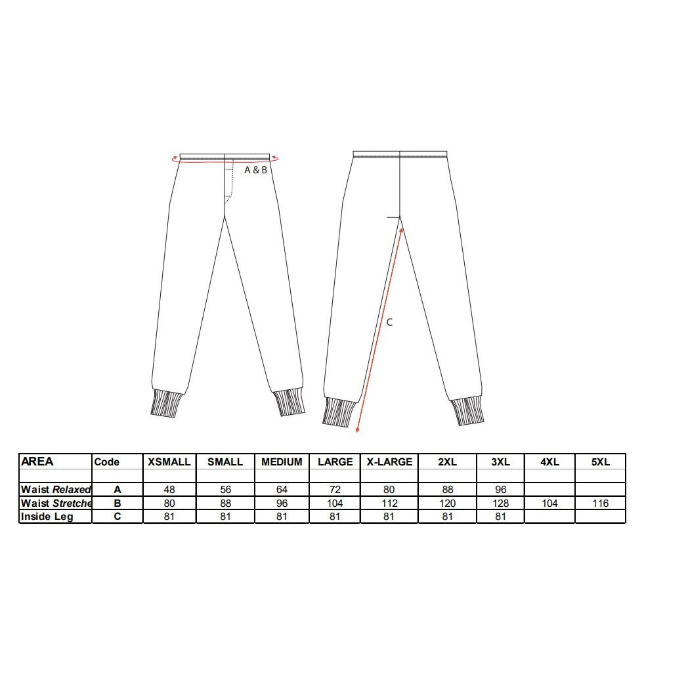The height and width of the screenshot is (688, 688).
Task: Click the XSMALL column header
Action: tap(169, 462)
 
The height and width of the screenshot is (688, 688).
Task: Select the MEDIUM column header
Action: tap(282, 462)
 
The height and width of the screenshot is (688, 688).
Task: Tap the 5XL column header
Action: tap(600, 462)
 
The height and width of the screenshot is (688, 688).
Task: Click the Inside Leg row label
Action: tap(47, 517)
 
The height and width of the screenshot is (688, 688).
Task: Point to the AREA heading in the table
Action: tap(37, 462)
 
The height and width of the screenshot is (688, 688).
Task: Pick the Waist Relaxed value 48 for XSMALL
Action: tap(169, 490)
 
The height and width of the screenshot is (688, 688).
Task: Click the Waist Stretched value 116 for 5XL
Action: tap(600, 504)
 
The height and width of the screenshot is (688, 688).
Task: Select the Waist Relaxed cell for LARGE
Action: tap(335, 490)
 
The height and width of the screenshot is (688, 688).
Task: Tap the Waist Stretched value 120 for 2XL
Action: tap(447, 504)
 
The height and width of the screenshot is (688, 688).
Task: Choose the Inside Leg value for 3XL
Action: tap(500, 517)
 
